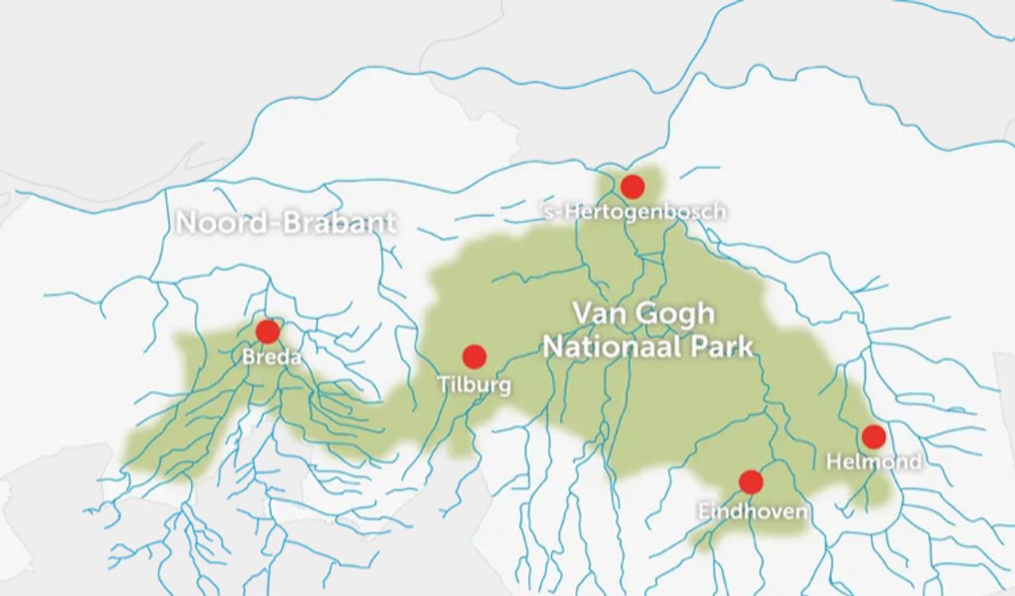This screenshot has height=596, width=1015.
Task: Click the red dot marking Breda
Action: [268, 332]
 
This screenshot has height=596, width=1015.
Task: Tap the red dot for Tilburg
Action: [474, 356]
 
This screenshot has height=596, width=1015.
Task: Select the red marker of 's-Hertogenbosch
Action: [632, 187]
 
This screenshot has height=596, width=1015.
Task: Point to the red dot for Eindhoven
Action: [750, 482]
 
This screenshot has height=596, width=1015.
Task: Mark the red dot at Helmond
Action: [873, 436]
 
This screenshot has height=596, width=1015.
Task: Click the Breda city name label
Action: [272, 357]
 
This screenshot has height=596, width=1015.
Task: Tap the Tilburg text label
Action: [474, 386]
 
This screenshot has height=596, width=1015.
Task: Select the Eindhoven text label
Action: [753, 511]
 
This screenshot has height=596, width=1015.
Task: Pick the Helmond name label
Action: [874, 461]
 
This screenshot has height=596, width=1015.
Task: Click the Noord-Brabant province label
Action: [285, 223]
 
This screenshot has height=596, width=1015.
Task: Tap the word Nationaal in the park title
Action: [617, 347]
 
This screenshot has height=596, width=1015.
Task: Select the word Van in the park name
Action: [594, 313]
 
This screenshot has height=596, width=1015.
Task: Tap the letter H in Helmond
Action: [833, 461]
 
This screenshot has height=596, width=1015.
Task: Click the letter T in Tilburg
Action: [443, 386]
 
